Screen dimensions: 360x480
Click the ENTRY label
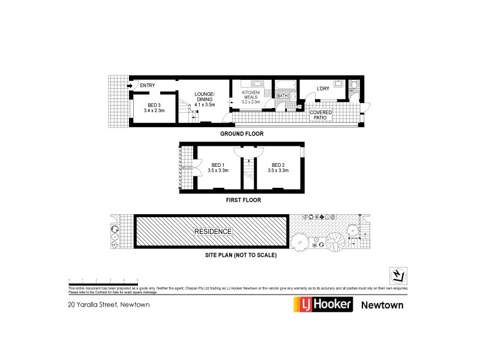[x=147, y=86]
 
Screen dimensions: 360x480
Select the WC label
[x=352, y=92]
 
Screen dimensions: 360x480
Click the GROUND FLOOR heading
[x=241, y=133]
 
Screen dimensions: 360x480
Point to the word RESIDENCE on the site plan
[x=212, y=231]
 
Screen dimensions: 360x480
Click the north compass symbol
[x=397, y=275]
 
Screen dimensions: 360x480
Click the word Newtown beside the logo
[x=382, y=305]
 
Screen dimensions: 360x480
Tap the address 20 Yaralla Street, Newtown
[x=108, y=304]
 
